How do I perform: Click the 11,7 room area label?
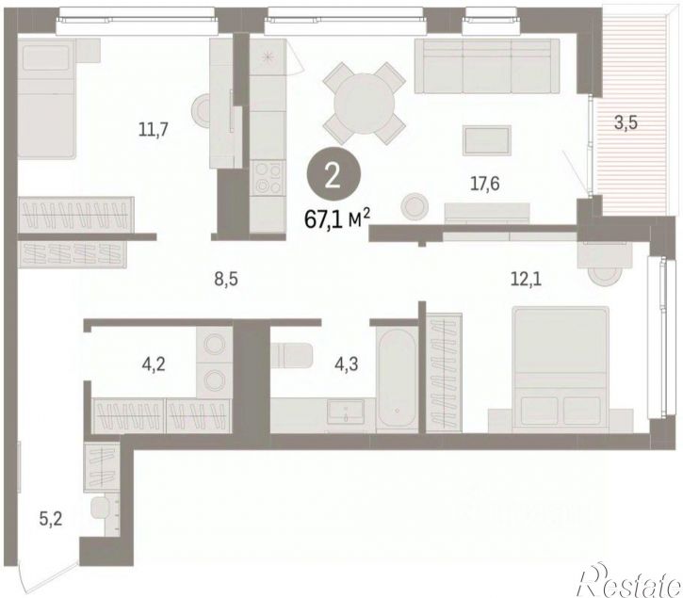(x=153, y=130)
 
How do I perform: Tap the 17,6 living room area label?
(x=484, y=184)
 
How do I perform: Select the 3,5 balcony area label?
(x=626, y=122)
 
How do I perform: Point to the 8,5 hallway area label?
(x=226, y=279)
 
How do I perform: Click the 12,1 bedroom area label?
(x=526, y=279)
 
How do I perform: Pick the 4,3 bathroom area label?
(x=347, y=364)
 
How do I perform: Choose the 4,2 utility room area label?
(x=154, y=364)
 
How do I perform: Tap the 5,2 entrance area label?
(x=51, y=518)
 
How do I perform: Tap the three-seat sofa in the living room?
(x=486, y=66)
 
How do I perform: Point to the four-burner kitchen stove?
(x=268, y=178)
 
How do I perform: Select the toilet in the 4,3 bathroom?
(x=291, y=354)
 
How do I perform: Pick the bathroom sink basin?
(x=346, y=410)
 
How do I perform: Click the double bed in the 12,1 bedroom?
(x=561, y=369)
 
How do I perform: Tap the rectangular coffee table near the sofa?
(x=486, y=140)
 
